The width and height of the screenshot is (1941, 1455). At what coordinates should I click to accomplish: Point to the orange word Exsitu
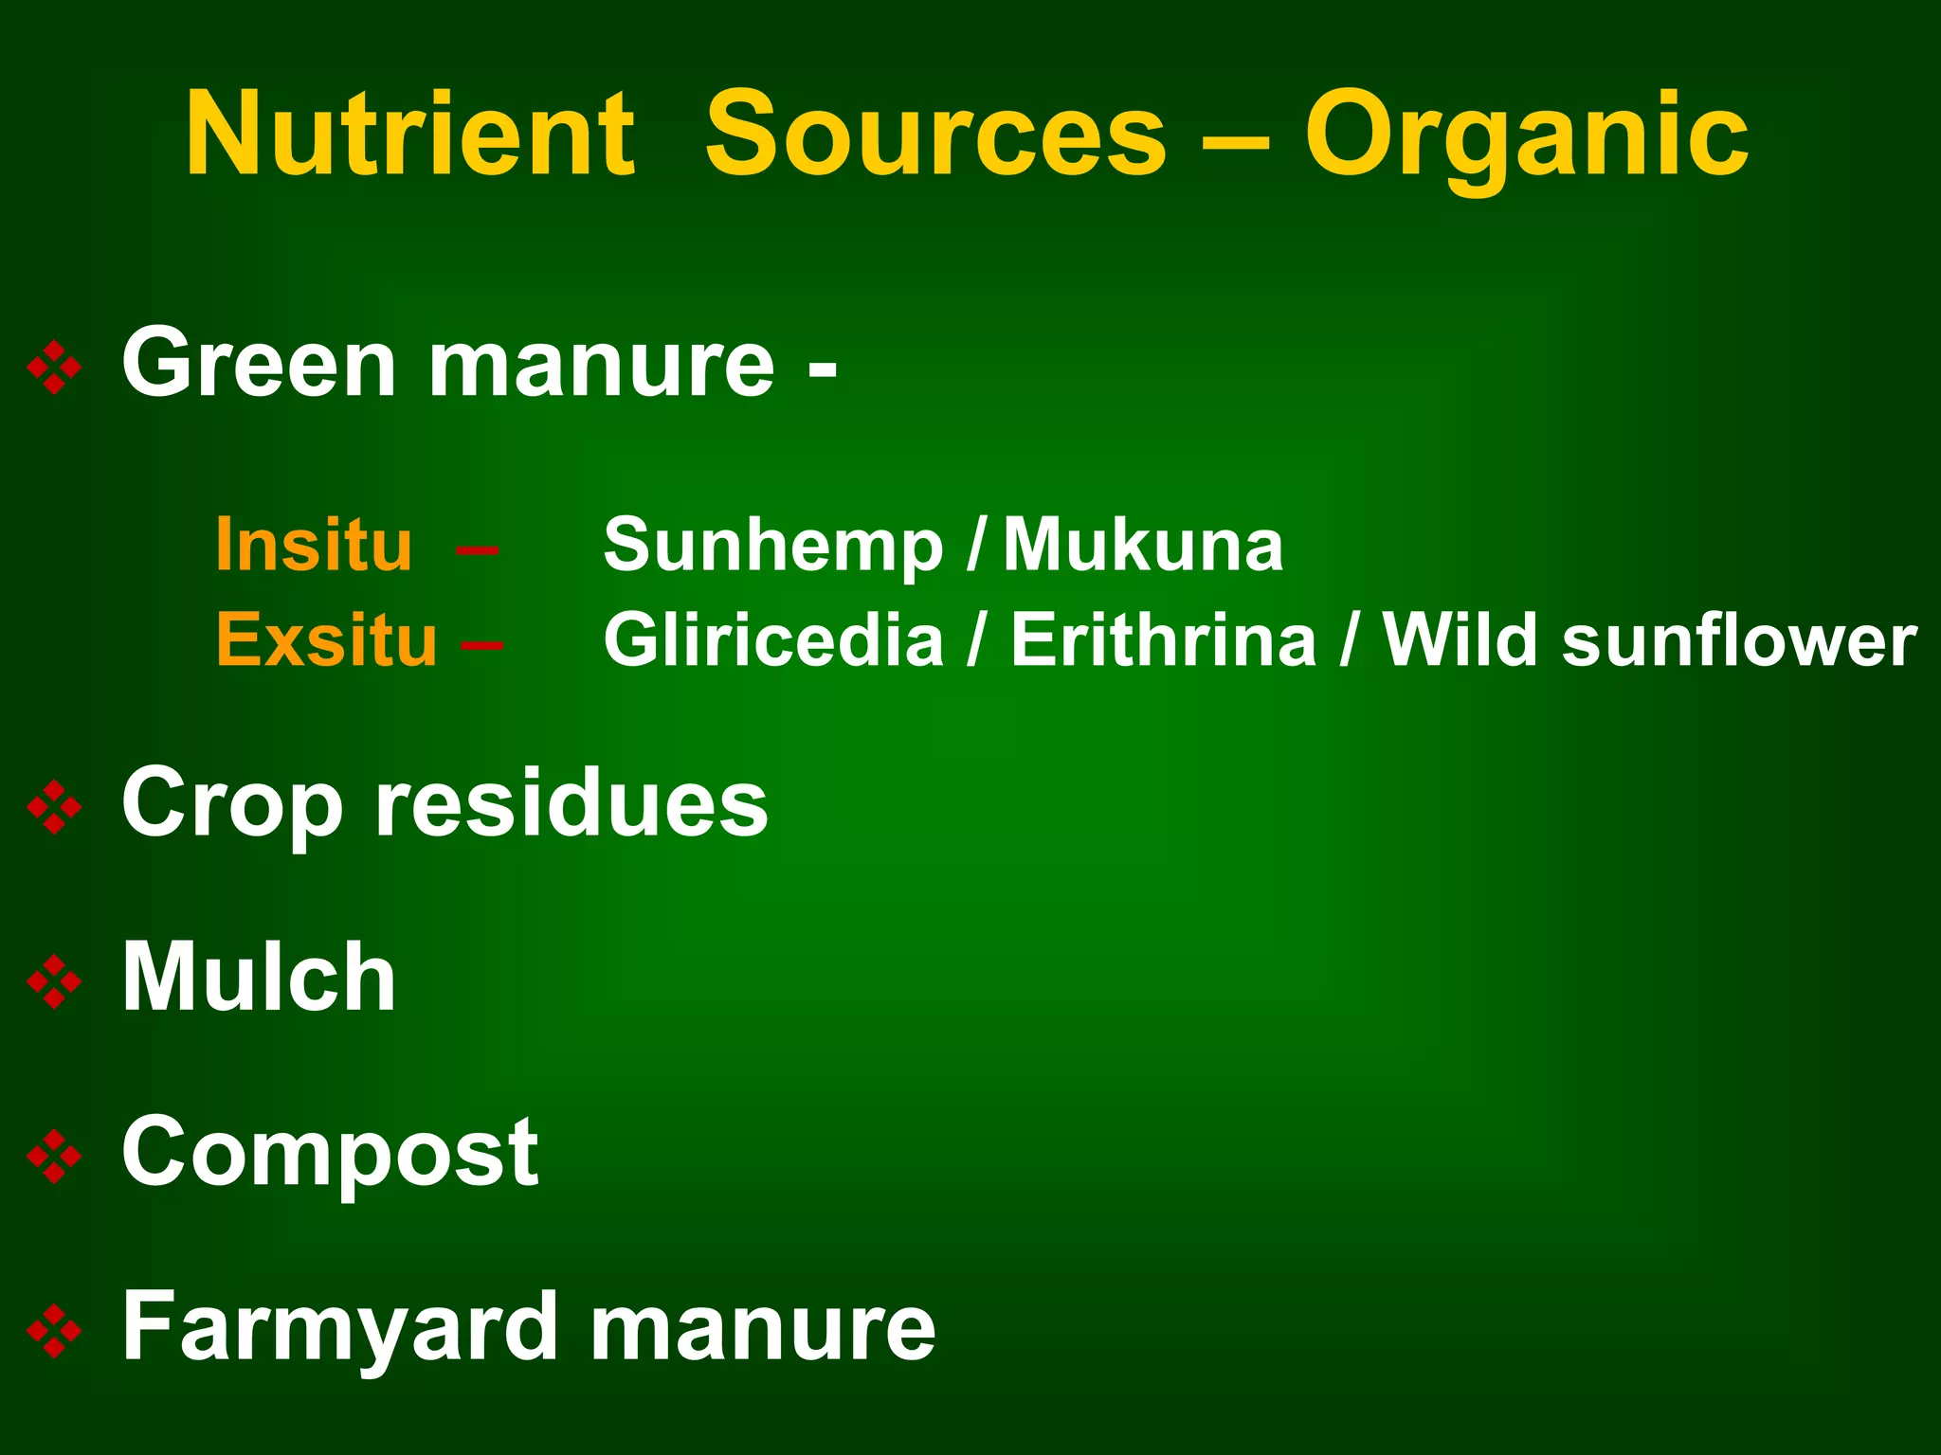(327, 639)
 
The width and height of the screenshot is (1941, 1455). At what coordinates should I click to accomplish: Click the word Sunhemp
(773, 547)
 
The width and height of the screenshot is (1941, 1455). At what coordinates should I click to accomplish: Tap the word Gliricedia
(773, 639)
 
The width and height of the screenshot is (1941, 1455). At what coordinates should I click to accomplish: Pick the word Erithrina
(1164, 639)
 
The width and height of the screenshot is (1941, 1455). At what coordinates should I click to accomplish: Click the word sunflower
(1739, 641)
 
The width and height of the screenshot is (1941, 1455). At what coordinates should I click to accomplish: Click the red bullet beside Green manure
(55, 367)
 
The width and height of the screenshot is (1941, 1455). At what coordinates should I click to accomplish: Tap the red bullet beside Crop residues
(55, 806)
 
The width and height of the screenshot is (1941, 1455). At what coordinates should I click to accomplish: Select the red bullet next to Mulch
(55, 980)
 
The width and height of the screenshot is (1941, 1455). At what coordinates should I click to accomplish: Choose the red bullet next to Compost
(55, 1156)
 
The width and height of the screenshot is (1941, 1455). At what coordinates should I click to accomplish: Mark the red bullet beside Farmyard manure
(55, 1331)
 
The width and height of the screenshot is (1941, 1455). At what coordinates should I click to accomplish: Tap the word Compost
(330, 1154)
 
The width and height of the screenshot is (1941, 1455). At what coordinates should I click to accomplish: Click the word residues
(571, 803)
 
